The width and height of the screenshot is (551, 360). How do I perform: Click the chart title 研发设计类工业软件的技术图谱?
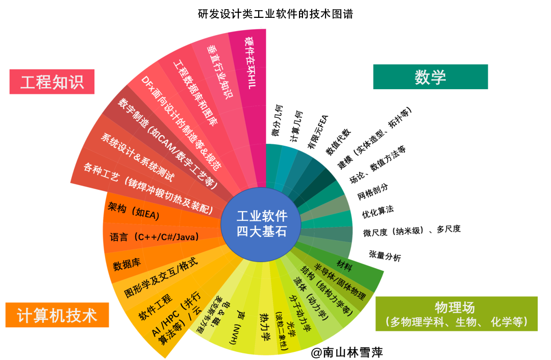[x=275, y=14]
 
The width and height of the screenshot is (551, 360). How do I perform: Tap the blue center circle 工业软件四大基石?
[x=261, y=224]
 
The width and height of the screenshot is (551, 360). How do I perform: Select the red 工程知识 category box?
[x=52, y=82]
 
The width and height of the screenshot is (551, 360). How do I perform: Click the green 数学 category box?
[x=431, y=76]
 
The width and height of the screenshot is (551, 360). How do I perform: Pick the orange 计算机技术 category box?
[x=57, y=315]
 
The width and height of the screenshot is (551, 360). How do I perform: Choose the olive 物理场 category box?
[x=457, y=314]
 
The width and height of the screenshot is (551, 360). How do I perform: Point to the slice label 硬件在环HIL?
[x=250, y=63]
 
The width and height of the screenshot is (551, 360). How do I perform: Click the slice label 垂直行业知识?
[x=219, y=71]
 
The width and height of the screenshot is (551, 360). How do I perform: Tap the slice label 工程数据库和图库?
[x=195, y=93]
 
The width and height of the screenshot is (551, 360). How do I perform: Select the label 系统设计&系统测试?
[x=137, y=157]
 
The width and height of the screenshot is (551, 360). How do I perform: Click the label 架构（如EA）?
[x=134, y=211]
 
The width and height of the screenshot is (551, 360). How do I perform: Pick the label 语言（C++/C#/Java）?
[x=154, y=237]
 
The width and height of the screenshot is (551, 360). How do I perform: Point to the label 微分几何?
[x=277, y=120]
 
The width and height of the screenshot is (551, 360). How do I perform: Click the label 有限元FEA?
[x=317, y=132]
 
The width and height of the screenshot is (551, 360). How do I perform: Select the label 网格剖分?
[x=373, y=192]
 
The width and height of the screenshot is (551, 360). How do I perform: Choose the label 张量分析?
[x=385, y=255]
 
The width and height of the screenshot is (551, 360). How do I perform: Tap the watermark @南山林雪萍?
[x=346, y=352]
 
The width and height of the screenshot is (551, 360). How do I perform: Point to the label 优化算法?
[x=378, y=212]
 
